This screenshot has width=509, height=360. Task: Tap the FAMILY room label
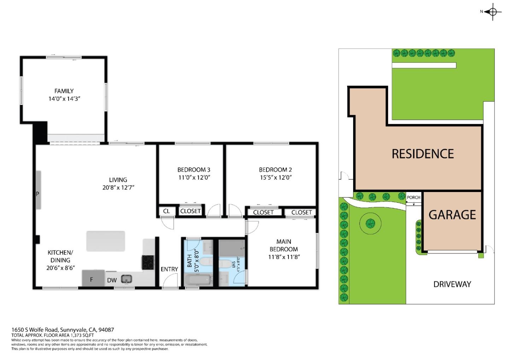coord(64,91)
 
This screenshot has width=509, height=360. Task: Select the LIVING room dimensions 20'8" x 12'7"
coord(118,188)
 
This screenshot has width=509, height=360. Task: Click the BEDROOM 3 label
coord(194,169)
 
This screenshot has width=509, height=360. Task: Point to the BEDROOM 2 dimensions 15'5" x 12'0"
coord(275,178)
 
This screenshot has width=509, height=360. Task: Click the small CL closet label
coord(166,211)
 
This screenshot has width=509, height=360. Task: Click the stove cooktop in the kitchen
coord(148,262)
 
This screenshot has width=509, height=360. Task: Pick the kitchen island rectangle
coord(106,241)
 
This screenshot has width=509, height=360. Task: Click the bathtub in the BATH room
coord(198,280)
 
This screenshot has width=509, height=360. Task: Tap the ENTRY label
coord(169,269)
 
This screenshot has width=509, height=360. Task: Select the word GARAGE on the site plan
coord(452,215)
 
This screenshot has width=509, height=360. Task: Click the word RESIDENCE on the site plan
coord(422,154)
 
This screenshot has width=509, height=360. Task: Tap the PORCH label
coord(414,197)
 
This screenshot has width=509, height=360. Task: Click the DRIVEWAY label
coord(452,284)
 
